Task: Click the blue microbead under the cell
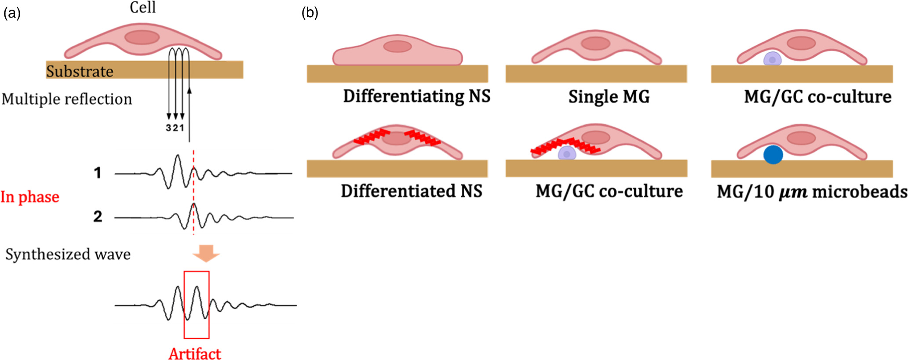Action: click(x=773, y=155)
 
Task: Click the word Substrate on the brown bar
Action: click(x=80, y=71)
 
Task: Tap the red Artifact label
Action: click(x=194, y=353)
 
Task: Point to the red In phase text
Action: click(x=30, y=197)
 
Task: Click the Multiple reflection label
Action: click(x=67, y=99)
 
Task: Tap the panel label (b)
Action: click(x=310, y=13)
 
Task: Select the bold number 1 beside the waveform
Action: click(x=98, y=173)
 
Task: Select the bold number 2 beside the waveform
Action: click(x=98, y=216)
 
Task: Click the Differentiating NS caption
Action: click(x=416, y=96)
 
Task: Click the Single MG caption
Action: click(x=609, y=97)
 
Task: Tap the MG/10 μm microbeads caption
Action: click(x=812, y=192)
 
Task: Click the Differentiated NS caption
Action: click(x=411, y=191)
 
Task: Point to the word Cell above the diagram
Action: click(x=142, y=7)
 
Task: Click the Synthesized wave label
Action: click(x=68, y=254)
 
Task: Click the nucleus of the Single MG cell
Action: click(x=596, y=43)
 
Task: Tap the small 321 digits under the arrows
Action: click(x=175, y=128)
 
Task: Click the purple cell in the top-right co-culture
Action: click(x=772, y=59)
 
